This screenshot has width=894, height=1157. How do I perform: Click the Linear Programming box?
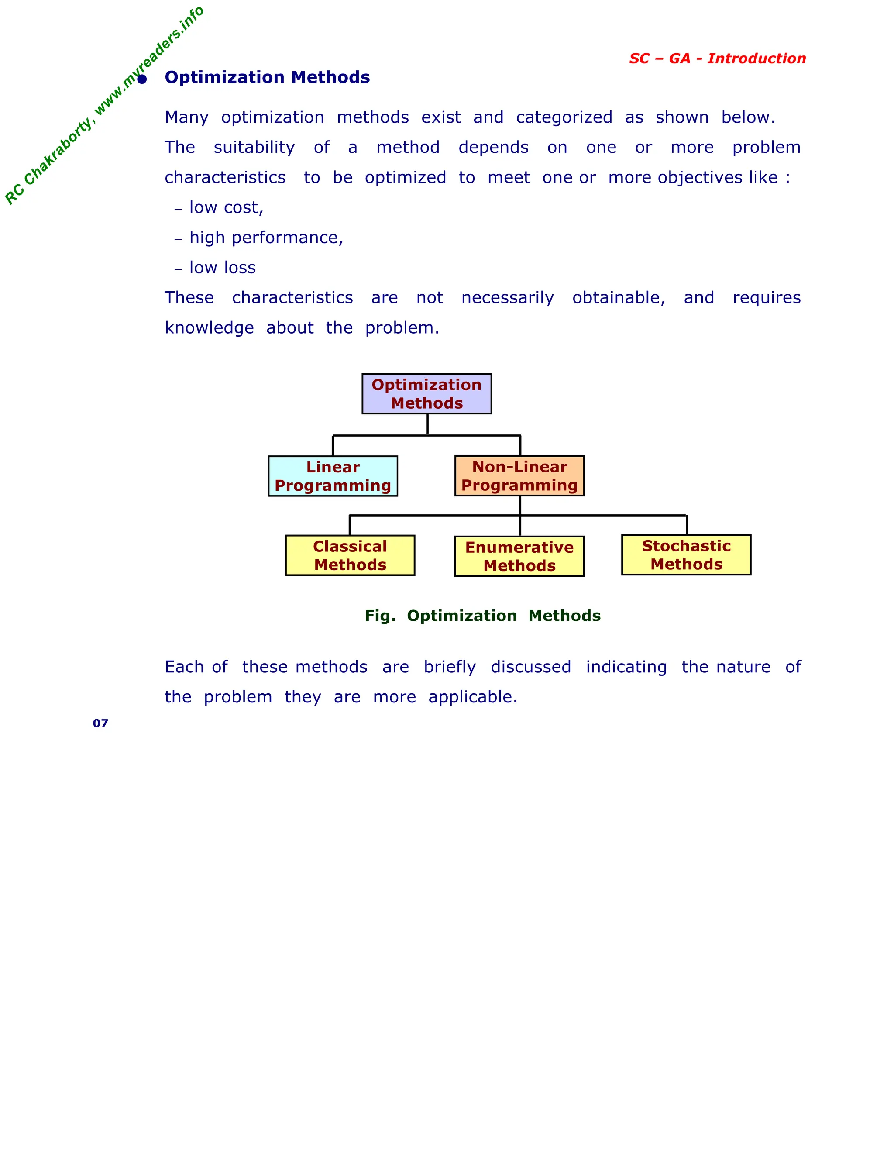(333, 476)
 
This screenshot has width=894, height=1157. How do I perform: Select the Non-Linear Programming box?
(519, 476)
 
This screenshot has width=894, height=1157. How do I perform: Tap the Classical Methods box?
(350, 555)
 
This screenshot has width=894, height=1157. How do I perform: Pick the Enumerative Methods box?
(519, 556)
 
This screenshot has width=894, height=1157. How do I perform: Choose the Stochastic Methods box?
(686, 554)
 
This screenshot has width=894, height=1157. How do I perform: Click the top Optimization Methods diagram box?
(426, 394)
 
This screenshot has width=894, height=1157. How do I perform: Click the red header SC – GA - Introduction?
(717, 58)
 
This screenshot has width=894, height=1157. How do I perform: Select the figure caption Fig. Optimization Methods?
(482, 616)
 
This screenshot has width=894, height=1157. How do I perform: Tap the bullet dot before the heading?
(142, 79)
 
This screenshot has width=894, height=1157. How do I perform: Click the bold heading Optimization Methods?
(267, 77)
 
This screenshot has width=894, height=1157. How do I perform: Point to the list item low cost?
(226, 208)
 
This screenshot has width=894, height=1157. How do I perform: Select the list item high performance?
(266, 238)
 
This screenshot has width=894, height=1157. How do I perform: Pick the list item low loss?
(223, 268)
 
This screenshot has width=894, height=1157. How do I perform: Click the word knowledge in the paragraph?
(209, 328)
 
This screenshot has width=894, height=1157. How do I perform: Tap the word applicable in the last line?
(472, 697)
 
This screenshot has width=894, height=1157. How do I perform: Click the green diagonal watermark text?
(104, 106)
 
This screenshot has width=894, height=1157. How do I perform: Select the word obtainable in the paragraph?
(618, 298)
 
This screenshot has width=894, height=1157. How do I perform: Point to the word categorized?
(564, 117)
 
